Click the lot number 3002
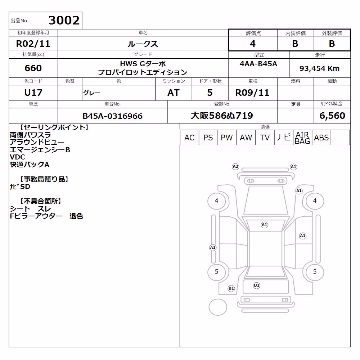click(64, 20)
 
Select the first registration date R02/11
click(33, 44)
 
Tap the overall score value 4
click(253, 44)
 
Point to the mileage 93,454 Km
click(319, 68)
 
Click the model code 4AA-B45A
click(258, 64)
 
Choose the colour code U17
click(33, 93)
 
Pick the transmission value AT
click(174, 93)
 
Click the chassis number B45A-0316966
click(112, 116)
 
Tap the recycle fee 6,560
click(332, 116)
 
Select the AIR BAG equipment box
click(302, 138)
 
